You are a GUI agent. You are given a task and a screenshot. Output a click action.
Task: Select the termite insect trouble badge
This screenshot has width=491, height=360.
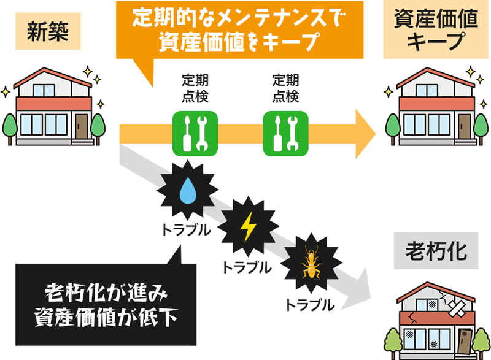(310, 265)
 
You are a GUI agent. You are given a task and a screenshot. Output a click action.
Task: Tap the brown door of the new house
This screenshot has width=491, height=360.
(82, 127)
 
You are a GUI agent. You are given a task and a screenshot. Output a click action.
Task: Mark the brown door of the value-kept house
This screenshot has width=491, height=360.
(465, 127)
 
